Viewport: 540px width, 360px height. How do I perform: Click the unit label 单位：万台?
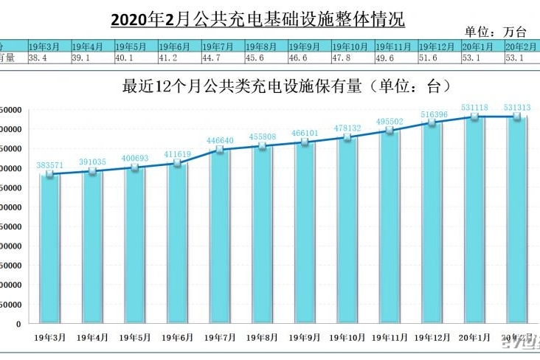point(496,32)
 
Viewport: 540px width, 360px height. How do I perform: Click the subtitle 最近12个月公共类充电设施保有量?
point(286,86)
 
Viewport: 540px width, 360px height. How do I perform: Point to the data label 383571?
point(50,165)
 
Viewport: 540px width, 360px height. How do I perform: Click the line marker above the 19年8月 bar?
point(262,146)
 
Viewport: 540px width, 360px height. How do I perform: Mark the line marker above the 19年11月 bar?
point(390,131)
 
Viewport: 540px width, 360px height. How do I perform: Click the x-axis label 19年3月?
point(50,337)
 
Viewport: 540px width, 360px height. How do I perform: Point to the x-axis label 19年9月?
point(305,337)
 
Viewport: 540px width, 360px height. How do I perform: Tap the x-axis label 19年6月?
point(177,337)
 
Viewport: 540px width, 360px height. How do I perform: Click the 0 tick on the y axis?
point(18,324)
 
